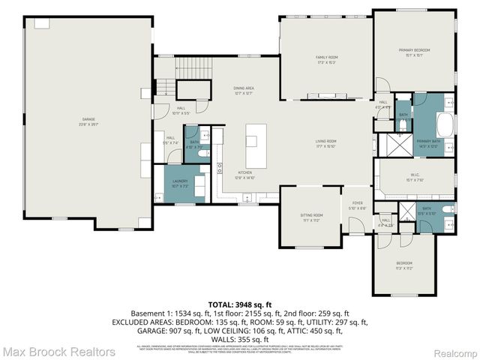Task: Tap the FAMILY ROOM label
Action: (325, 58)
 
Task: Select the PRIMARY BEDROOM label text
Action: (415, 50)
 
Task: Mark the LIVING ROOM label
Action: (325, 142)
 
